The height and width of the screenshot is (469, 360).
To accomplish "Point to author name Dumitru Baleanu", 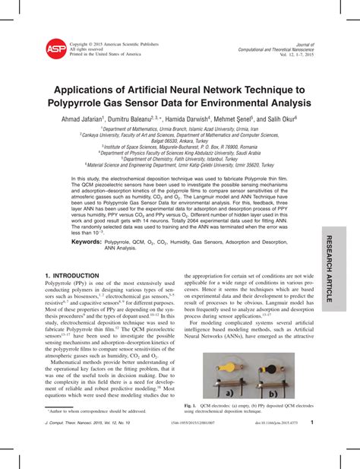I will pos(149,119).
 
